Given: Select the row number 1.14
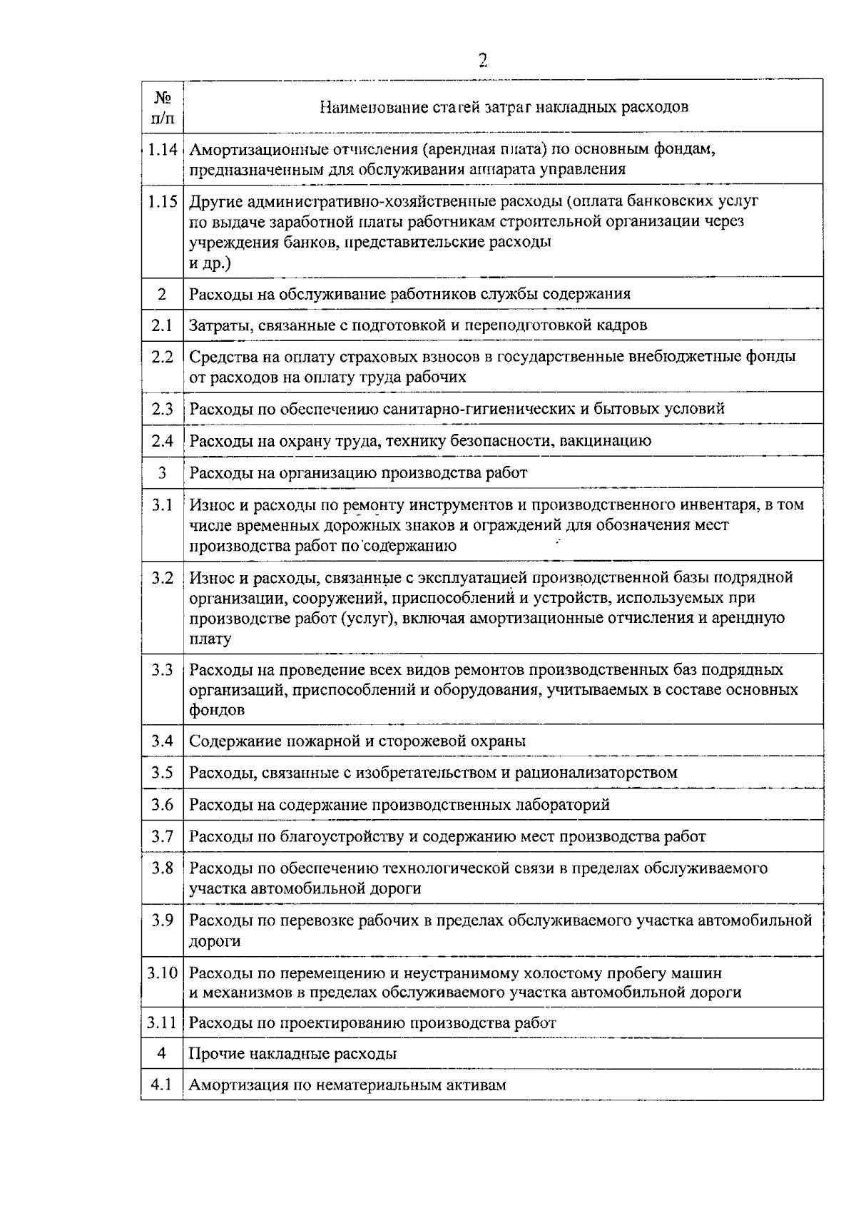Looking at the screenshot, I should [162, 150].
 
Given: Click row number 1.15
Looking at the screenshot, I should [162, 201].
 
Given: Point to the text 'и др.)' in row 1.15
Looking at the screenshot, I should [210, 263].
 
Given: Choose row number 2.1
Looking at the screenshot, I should [162, 325].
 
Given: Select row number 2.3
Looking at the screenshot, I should [162, 409].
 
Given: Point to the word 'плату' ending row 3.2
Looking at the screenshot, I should [210, 639].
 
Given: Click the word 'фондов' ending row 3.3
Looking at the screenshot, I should [217, 711].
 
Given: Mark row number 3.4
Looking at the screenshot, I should [162, 741].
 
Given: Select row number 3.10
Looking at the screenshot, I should [162, 973].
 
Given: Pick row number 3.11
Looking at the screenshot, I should [162, 1023].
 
